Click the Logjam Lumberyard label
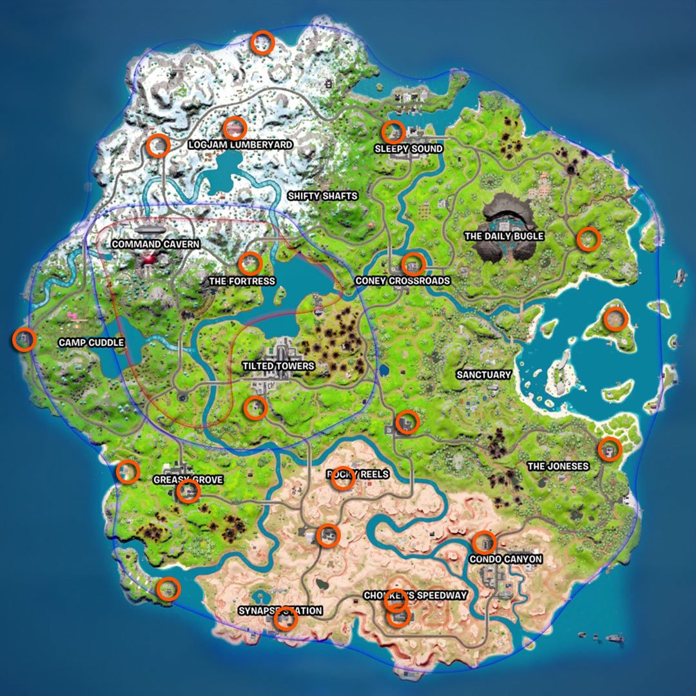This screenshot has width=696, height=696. (x=240, y=145)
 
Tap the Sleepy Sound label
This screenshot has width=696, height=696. (x=409, y=149)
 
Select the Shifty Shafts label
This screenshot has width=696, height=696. (x=322, y=196)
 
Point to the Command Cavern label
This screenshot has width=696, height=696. (x=155, y=244)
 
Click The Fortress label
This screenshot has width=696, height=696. (x=242, y=281)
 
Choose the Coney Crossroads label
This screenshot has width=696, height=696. (x=402, y=281)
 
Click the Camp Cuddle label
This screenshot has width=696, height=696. (x=91, y=342)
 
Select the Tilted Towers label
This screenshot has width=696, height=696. (x=278, y=366)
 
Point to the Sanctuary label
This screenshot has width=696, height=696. (x=483, y=374)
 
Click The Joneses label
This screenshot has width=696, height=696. (x=558, y=466)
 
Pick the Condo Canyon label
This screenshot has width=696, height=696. (x=505, y=559)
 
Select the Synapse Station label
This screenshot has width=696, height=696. (x=280, y=610)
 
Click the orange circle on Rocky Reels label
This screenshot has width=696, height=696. (x=343, y=478)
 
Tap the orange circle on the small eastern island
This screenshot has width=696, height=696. (x=615, y=319)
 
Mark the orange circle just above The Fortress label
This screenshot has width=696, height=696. (x=250, y=263)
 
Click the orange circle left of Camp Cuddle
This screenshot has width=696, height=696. (x=24, y=339)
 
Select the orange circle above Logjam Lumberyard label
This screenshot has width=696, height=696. (x=235, y=128)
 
